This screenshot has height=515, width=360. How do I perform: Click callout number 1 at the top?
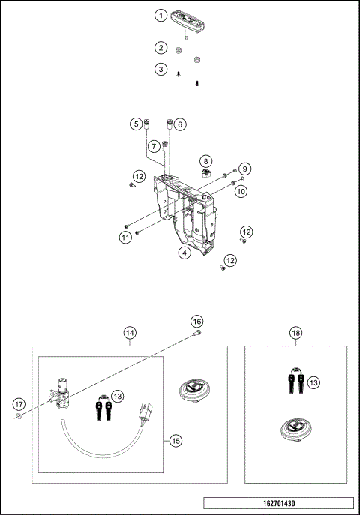click(x=160, y=15)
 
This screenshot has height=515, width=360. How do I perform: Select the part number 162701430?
click(x=277, y=504)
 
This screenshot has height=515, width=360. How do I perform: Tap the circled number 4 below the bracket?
click(x=183, y=253)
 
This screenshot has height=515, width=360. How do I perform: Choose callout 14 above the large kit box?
click(x=130, y=331)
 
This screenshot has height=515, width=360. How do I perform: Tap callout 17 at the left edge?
click(x=19, y=405)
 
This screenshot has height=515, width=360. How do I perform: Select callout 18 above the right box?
click(x=295, y=331)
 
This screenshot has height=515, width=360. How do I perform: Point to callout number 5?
click(x=136, y=124)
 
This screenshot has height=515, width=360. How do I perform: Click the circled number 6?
click(x=180, y=124)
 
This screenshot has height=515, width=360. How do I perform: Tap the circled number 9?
click(x=244, y=169)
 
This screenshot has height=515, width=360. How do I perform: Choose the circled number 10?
click(x=241, y=191)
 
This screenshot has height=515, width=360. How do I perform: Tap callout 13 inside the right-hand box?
click(x=313, y=382)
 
